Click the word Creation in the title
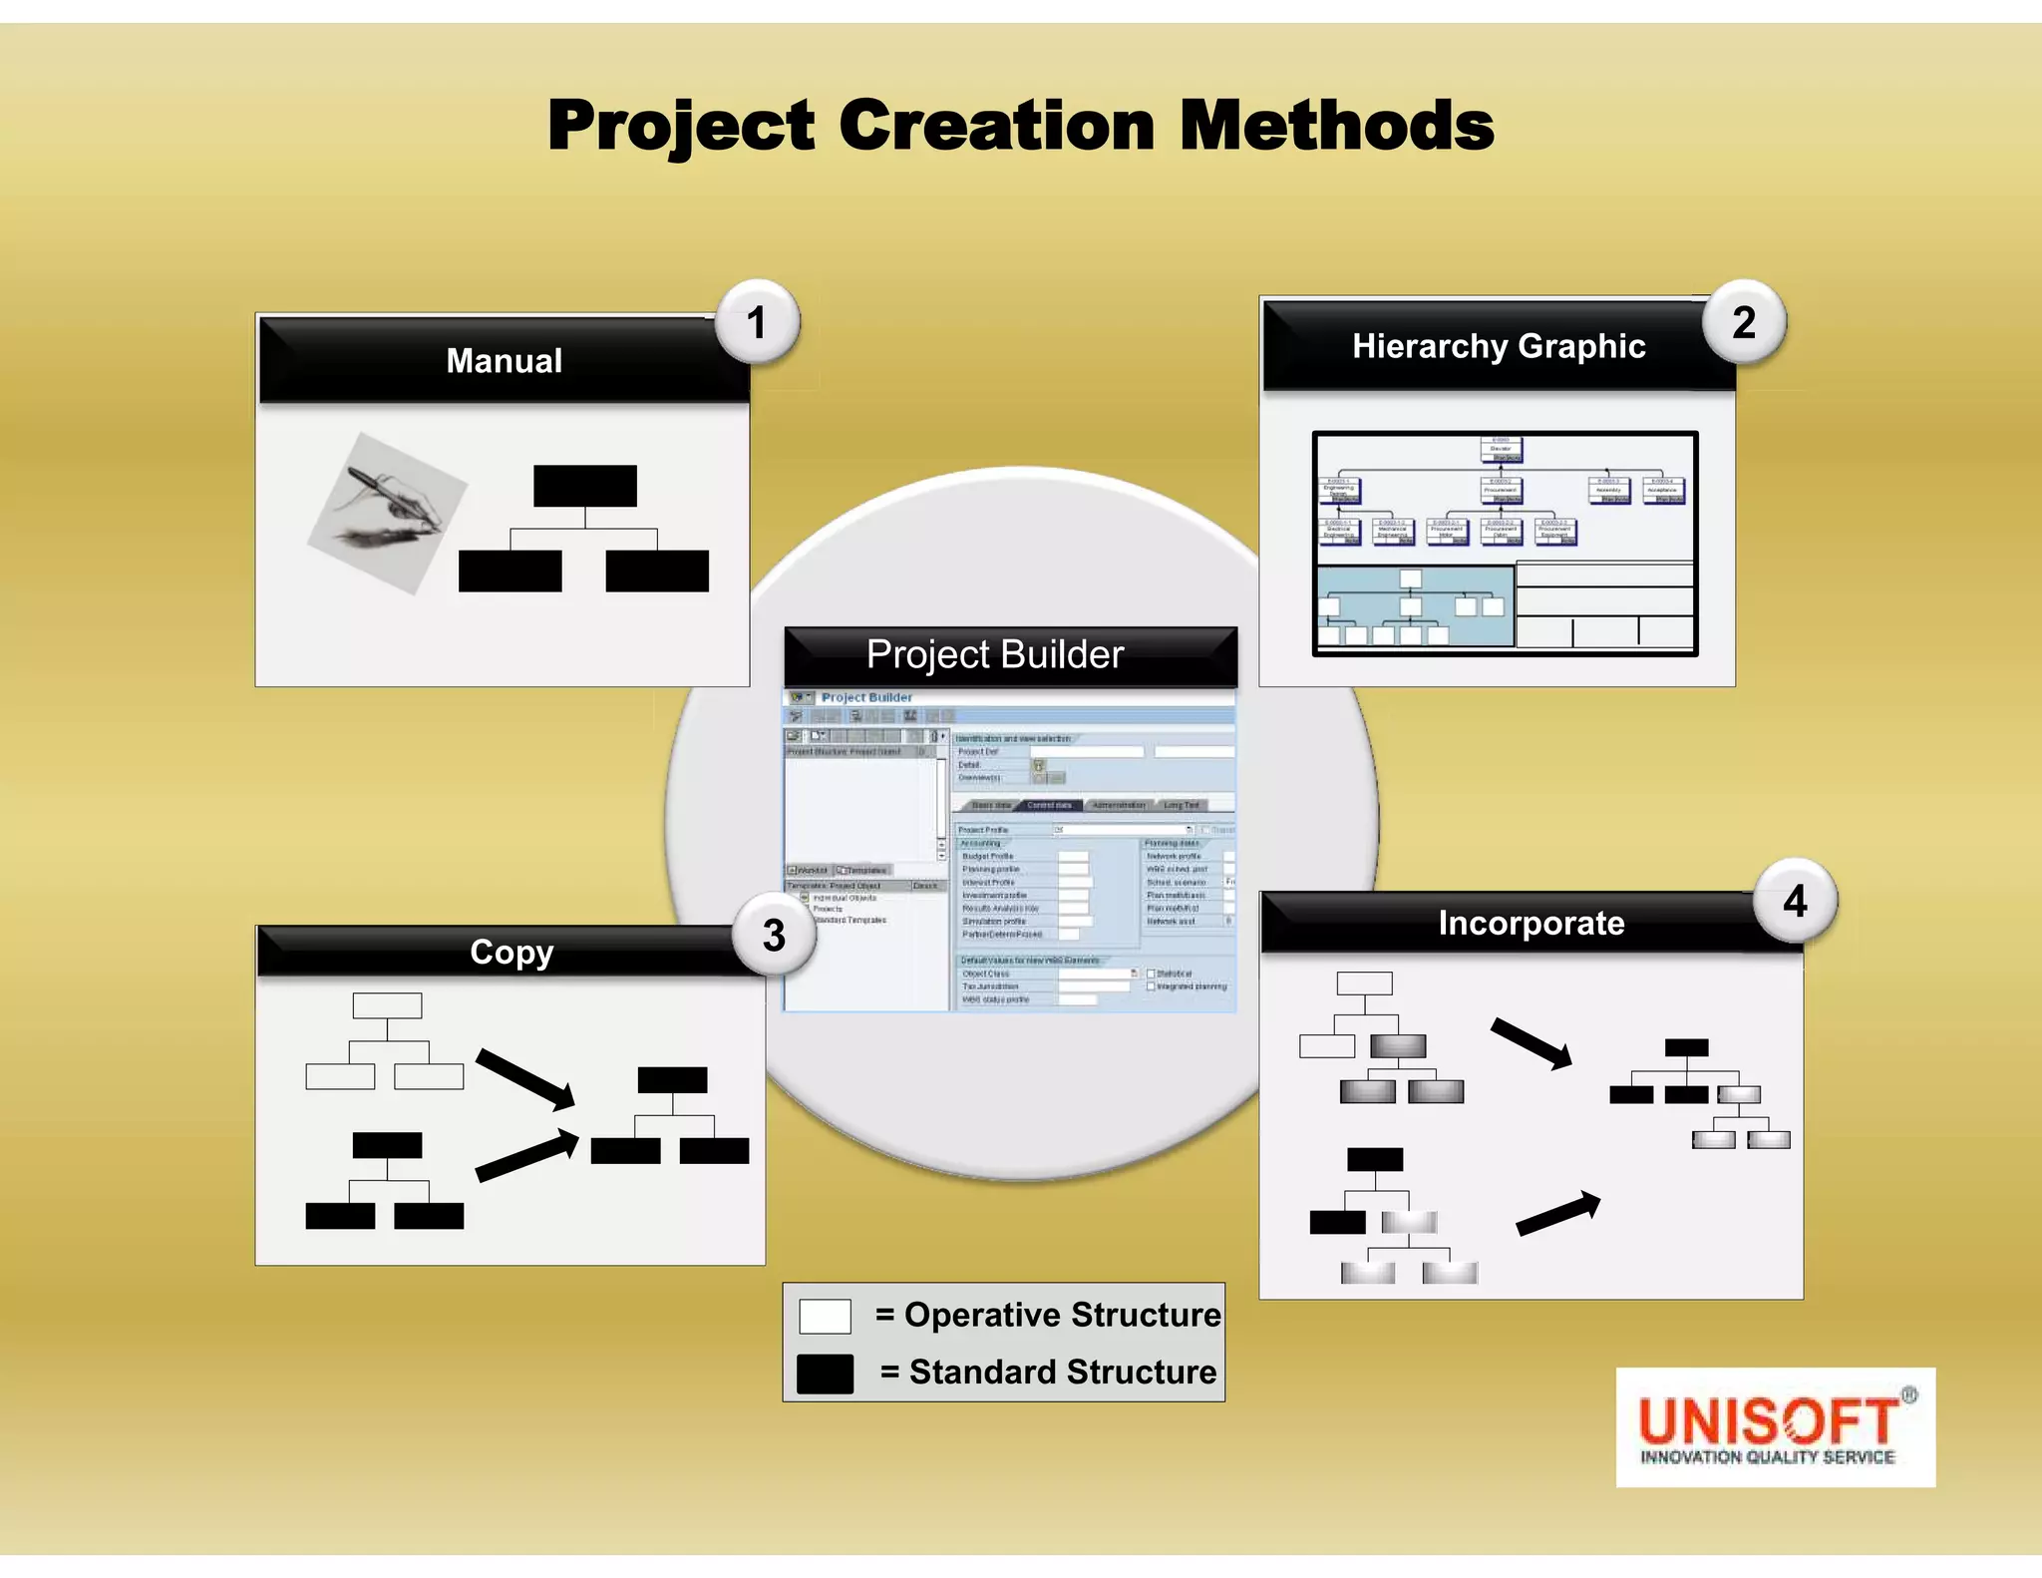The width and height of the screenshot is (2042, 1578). coord(997,126)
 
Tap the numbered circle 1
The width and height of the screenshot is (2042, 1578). coord(757,322)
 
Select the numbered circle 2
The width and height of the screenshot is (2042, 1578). coord(1744,322)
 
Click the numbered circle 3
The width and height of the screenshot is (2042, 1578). coord(774,936)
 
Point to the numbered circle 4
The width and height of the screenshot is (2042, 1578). coord(1795,901)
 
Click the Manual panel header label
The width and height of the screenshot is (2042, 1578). coord(505,360)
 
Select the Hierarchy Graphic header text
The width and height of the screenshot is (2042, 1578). coord(1499,346)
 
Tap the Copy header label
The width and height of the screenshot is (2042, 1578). coord(511,952)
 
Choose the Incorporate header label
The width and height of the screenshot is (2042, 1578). coord(1531,923)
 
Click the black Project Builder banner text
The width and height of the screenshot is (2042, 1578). coord(995,654)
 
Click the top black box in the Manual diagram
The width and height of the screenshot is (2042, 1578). coord(585,486)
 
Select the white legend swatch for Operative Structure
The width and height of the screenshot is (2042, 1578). coord(825,1316)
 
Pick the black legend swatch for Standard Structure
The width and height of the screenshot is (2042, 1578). coord(825,1374)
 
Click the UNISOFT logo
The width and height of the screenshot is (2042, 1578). coord(1775,1427)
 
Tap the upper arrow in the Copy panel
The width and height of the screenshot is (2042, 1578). coord(525,1078)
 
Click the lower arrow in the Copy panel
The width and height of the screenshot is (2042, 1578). coord(526,1155)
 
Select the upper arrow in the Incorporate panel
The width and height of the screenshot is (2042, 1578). coord(1531,1042)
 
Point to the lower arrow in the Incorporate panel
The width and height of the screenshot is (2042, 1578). coord(1557,1214)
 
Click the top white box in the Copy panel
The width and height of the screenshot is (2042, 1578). coord(387,1004)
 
